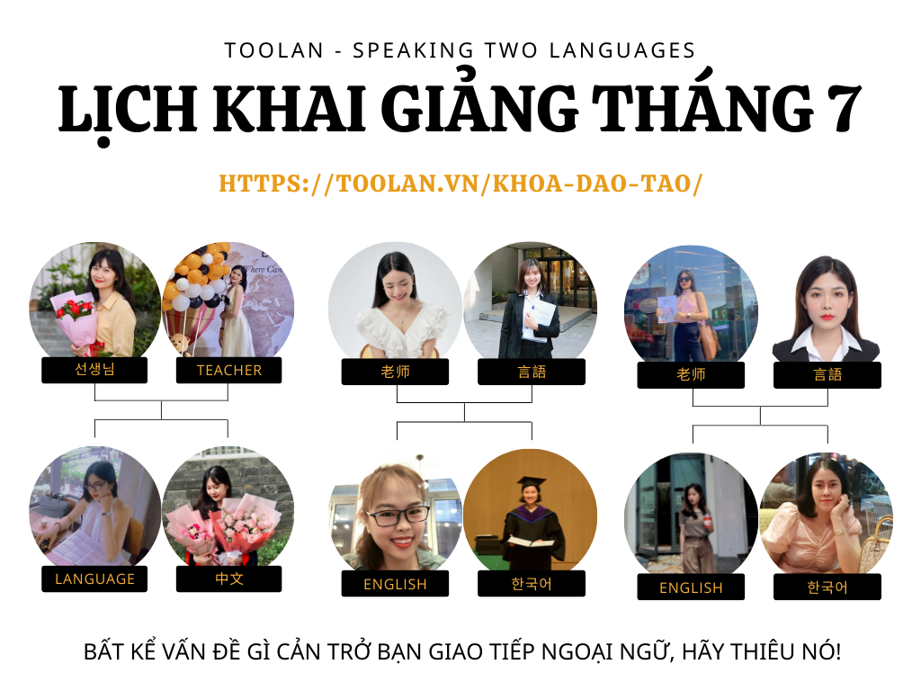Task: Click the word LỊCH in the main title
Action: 128,110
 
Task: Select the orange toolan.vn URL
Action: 460,184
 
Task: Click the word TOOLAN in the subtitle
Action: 274,50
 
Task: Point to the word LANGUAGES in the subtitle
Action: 622,50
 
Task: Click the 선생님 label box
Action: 94,370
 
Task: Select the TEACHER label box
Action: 229,370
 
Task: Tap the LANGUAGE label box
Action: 94,579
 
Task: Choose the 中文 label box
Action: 229,579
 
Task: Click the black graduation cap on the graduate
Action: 531,483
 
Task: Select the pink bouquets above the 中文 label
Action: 222,525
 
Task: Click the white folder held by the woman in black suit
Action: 539,320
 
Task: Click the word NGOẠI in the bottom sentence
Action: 578,652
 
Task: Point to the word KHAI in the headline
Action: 291,109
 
